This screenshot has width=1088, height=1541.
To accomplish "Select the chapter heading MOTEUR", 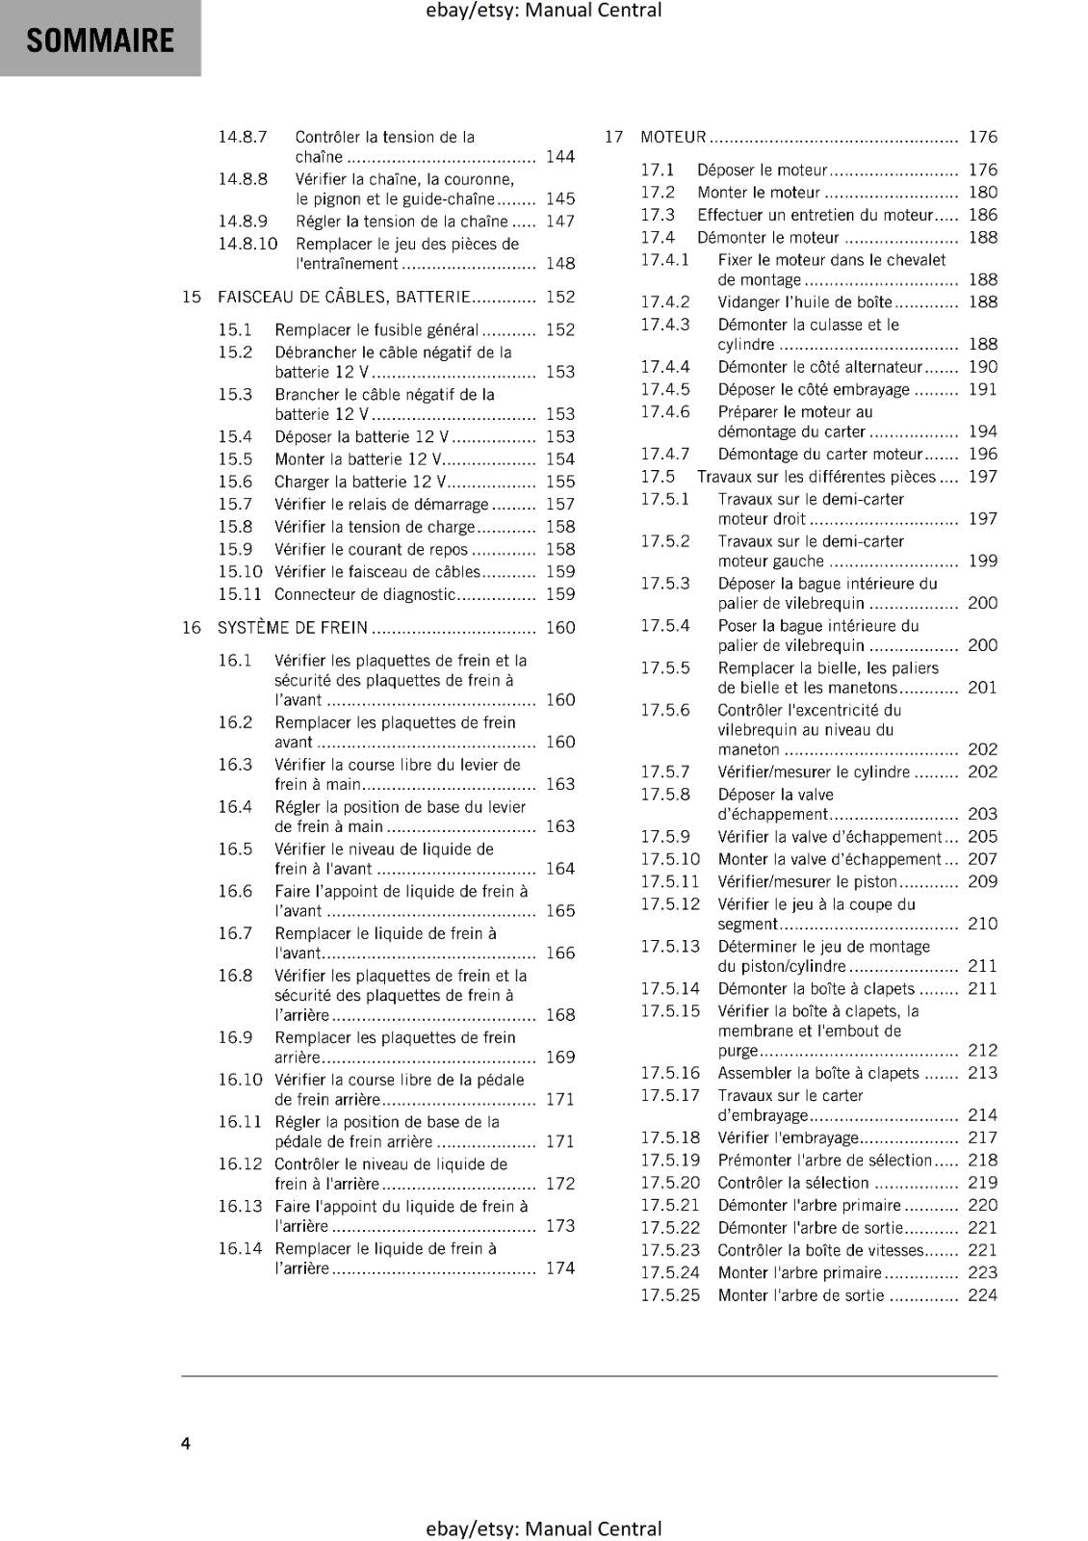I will coord(673,137).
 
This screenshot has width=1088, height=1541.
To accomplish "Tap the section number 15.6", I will coord(235,482).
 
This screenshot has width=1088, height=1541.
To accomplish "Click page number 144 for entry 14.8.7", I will coord(559,157).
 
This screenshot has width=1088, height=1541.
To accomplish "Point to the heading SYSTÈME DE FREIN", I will coord(292,628).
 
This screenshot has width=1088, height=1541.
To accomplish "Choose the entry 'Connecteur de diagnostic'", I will coord(365,594).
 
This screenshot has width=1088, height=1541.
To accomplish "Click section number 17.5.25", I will coord(670,1295).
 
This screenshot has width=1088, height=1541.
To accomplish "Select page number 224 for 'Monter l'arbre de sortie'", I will coord(982,1295).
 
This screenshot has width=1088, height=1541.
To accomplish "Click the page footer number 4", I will coord(186,1443).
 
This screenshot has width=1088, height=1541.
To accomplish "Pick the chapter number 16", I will coord(192,628).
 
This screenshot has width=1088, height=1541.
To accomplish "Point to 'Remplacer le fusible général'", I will coord(376,329).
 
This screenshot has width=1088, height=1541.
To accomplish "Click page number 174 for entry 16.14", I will coord(559,1268).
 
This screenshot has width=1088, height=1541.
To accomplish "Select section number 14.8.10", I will coord(247,244).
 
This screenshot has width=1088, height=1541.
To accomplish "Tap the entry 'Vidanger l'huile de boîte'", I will coord(805,302).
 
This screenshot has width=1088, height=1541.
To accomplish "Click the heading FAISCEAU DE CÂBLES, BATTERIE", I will coord(344,297).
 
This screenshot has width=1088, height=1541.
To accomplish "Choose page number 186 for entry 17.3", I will coord(982,215).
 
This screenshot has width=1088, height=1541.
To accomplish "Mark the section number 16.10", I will coord(240,1080).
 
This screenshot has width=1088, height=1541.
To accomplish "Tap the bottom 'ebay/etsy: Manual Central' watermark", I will coord(543,1528).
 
